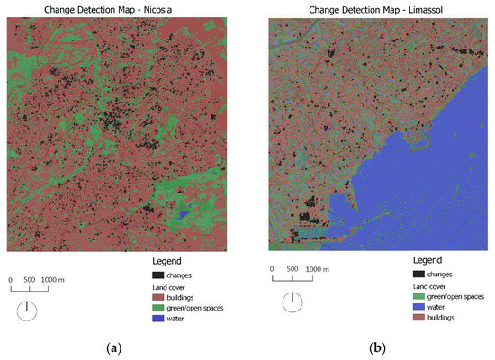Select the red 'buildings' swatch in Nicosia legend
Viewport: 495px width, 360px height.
click(x=159, y=296)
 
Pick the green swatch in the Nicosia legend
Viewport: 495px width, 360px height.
click(x=159, y=307)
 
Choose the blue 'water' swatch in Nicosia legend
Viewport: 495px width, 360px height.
click(x=159, y=318)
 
